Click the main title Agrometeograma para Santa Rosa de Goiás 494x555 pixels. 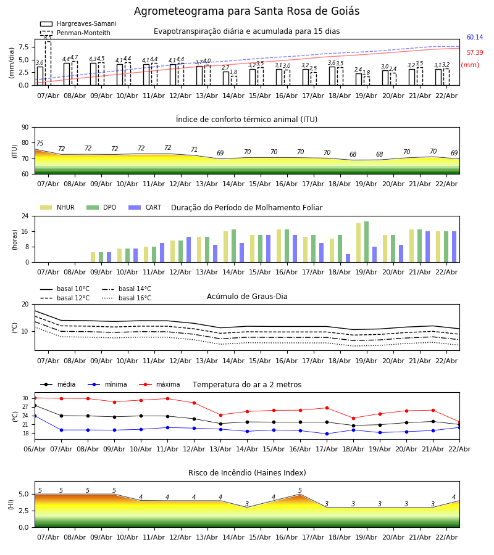pyautogui.click(x=246, y=12)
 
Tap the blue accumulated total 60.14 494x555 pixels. pyautogui.click(x=474, y=38)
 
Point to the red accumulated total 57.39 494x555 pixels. pyautogui.click(x=474, y=53)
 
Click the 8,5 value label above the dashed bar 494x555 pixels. pyautogui.click(x=48, y=38)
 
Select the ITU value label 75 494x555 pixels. pyautogui.click(x=40, y=144)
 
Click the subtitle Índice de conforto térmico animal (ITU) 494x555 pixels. pyautogui.click(x=246, y=120)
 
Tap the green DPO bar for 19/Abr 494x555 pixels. pyautogui.click(x=366, y=242)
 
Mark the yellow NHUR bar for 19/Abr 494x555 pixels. pyautogui.click(x=358, y=242)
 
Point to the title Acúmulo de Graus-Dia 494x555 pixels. pyautogui.click(x=247, y=297)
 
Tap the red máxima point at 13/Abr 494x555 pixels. pyautogui.click(x=220, y=415)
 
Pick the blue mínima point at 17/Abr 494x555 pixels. pyautogui.click(x=327, y=434)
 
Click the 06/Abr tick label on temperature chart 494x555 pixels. pyautogui.click(x=35, y=448)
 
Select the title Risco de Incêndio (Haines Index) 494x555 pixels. pyautogui.click(x=247, y=473)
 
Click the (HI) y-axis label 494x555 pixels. pyautogui.click(x=11, y=504)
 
